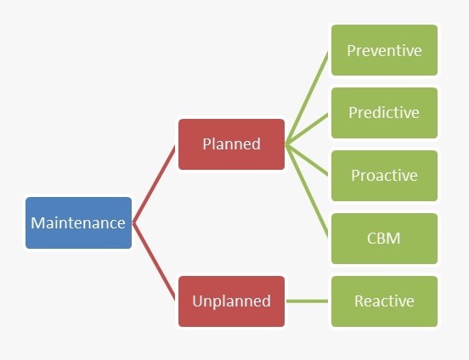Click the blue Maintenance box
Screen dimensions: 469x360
[79, 222]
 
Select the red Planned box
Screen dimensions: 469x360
[231, 144]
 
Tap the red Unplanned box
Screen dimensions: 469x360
[231, 301]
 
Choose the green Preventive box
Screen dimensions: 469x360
[384, 50]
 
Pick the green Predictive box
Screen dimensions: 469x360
[384, 113]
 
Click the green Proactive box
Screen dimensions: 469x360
[384, 176]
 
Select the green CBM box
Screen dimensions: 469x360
[384, 239]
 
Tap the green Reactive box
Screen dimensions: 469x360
[384, 301]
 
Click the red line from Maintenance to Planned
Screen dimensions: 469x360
[154, 184]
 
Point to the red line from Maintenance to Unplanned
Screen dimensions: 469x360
[154, 261]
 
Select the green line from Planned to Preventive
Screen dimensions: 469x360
[307, 98]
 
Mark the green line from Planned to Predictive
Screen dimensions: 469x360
[307, 129]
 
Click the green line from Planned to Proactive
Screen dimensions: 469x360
[307, 160]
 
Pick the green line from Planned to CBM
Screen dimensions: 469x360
[307, 191]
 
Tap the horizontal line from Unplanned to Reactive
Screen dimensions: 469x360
[307, 301]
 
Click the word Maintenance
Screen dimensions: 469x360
[78, 223]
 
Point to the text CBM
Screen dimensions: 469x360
[383, 239]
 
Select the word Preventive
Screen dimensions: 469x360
[384, 51]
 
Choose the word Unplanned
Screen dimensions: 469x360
[231, 301]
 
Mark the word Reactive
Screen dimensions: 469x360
[384, 301]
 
